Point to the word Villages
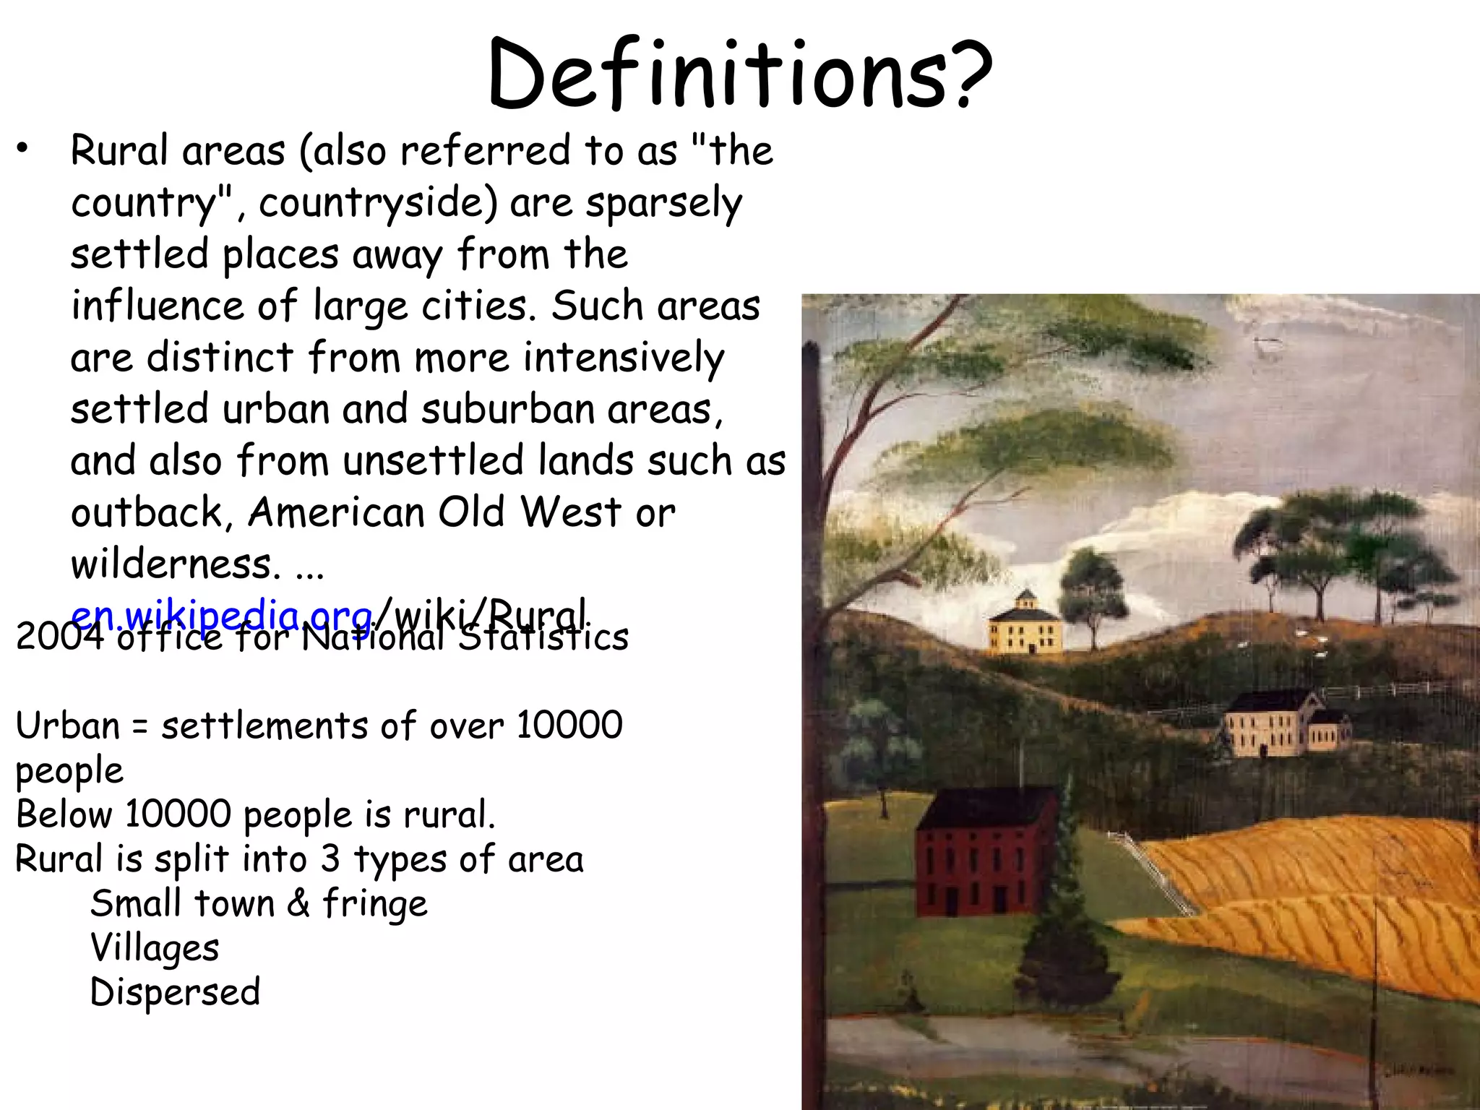click(x=154, y=948)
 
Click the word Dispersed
click(x=175, y=992)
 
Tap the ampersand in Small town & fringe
click(x=298, y=903)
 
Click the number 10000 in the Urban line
click(x=569, y=725)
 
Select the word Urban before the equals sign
click(x=67, y=725)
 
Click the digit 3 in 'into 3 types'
click(x=330, y=859)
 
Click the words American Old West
click(x=434, y=512)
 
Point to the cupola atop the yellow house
click(x=1025, y=599)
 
